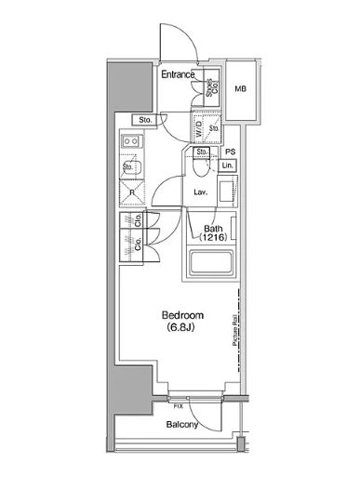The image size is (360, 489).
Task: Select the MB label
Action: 240,89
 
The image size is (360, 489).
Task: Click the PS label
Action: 229,151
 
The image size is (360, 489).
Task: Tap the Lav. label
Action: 200,192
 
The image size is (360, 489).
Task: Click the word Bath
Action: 213,228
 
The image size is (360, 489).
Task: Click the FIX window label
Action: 179,406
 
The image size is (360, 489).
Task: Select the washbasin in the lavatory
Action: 228,192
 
